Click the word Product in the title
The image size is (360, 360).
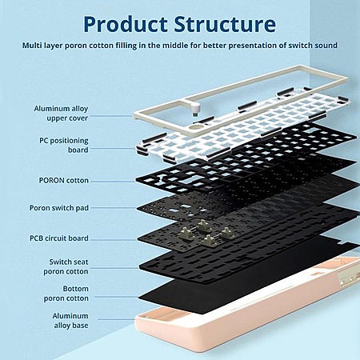[126, 24]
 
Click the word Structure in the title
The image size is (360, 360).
[225, 24]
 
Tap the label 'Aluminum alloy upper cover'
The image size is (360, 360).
[61, 114]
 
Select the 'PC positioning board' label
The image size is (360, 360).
[64, 145]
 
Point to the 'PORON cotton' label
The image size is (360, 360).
[64, 181]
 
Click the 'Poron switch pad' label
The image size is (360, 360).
[59, 208]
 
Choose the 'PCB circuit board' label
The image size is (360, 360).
[59, 238]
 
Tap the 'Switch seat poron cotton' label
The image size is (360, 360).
[66, 266]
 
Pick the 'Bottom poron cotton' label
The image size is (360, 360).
[66, 294]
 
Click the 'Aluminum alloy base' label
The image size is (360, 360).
[70, 321]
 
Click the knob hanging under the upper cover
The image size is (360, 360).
[196, 110]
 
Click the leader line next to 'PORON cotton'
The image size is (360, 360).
[113, 182]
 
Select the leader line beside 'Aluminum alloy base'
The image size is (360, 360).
[116, 319]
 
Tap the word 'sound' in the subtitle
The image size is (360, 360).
[326, 46]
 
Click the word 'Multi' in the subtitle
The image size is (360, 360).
[32, 46]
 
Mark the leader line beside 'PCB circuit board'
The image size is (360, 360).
[114, 240]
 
